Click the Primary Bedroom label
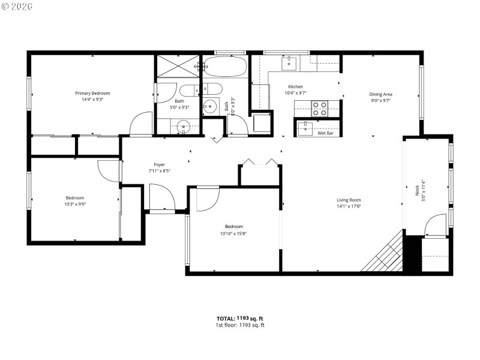[x=92, y=93]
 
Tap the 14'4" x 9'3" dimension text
[x=92, y=100]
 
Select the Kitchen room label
[x=295, y=86]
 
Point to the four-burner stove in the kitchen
[x=320, y=109]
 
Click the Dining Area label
[x=380, y=94]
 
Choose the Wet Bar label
[x=326, y=133]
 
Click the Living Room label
[x=348, y=200]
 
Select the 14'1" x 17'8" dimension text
[x=348, y=206]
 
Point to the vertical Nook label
[x=417, y=191]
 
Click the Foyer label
[x=159, y=164]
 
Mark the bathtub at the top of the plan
[x=225, y=67]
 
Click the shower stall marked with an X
[x=178, y=67]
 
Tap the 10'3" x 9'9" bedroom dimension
[x=75, y=205]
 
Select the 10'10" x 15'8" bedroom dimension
[x=233, y=233]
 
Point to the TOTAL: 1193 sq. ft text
[x=240, y=319]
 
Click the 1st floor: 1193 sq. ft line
[x=240, y=325]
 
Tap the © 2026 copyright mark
[x=17, y=6]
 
